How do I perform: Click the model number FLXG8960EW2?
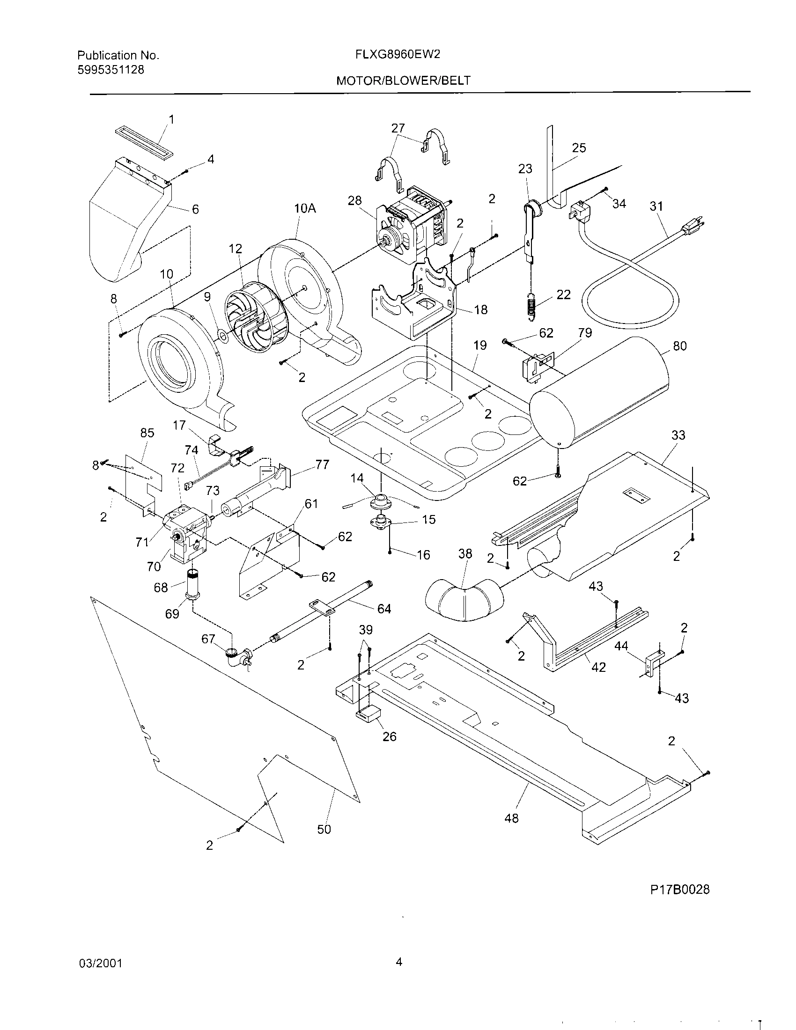click(x=398, y=54)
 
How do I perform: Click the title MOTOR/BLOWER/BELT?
click(x=403, y=81)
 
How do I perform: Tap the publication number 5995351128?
click(x=111, y=70)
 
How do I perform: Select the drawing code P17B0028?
click(x=679, y=890)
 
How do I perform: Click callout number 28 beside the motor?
click(x=354, y=200)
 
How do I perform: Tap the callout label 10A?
click(x=305, y=208)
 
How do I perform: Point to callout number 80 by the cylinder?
click(x=679, y=346)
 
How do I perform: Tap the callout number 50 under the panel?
click(x=324, y=829)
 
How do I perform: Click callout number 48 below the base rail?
click(x=511, y=818)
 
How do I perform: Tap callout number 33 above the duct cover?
click(x=678, y=435)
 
